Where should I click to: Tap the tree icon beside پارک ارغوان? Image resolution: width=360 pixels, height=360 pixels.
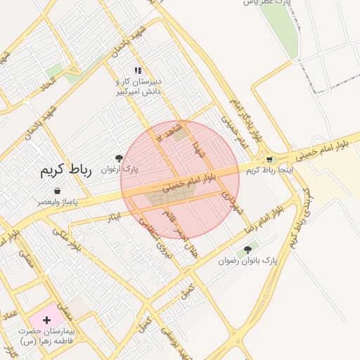click(x=118, y=158)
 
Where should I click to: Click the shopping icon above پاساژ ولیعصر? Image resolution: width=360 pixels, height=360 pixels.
click(x=57, y=191)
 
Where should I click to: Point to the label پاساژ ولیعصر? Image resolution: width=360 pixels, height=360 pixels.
click(x=58, y=202)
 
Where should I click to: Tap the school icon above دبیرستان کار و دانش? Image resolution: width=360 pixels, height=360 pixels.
click(x=138, y=70)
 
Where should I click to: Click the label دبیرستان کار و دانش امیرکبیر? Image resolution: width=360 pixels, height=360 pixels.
click(x=139, y=86)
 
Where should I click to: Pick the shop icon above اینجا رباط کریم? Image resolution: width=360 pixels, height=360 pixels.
click(x=269, y=160)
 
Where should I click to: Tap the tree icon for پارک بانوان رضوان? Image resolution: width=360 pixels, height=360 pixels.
click(x=247, y=250)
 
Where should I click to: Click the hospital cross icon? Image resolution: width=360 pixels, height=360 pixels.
click(x=46, y=320)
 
